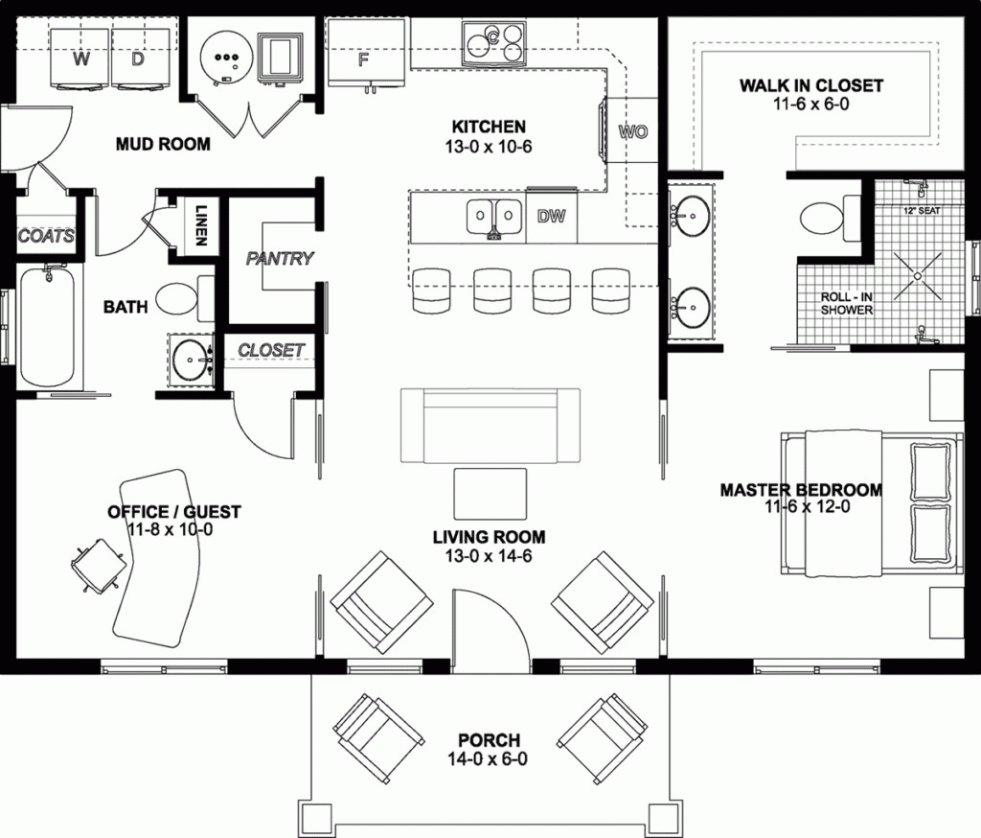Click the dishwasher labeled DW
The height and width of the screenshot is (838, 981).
click(551, 217)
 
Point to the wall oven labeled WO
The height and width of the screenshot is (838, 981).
click(633, 131)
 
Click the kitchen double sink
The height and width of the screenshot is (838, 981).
click(494, 218)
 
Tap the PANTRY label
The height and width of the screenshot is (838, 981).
click(280, 258)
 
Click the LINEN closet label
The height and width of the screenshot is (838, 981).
click(201, 226)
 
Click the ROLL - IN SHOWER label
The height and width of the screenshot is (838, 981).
click(846, 304)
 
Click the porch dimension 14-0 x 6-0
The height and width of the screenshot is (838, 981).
click(489, 759)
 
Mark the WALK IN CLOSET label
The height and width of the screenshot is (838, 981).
click(810, 85)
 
